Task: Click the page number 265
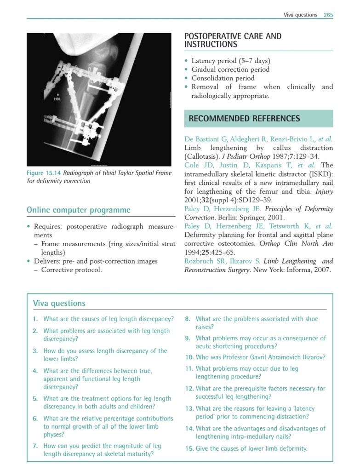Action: click(328, 15)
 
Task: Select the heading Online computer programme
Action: click(79, 210)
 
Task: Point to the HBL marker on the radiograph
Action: click(57, 98)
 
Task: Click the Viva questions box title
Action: click(59, 303)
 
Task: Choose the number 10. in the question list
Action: click(189, 357)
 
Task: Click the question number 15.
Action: click(189, 448)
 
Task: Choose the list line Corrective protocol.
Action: click(71, 270)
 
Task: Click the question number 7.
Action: click(35, 446)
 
